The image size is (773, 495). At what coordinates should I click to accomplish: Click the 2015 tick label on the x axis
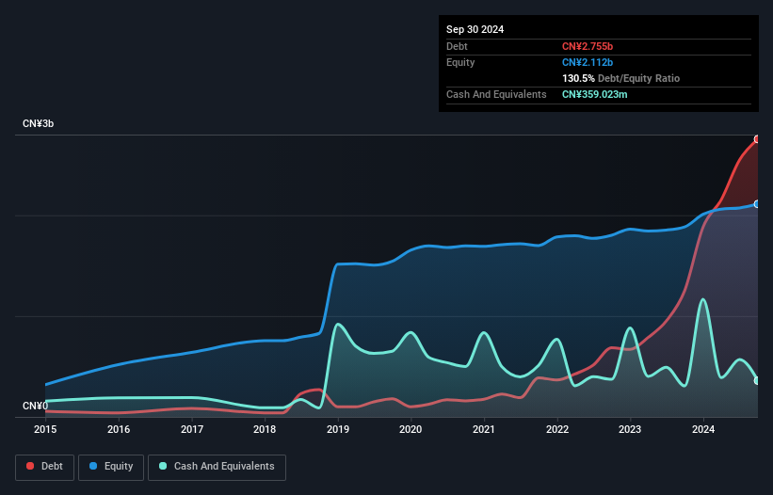[45, 429]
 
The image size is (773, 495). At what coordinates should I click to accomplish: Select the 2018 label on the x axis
[265, 429]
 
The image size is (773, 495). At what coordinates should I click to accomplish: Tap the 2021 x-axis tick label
[484, 429]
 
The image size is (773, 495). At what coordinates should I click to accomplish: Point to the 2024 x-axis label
[703, 429]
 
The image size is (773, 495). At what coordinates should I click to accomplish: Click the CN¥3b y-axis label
[40, 124]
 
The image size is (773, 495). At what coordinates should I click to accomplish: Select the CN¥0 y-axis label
[36, 406]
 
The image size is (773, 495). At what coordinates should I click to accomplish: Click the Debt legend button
[44, 467]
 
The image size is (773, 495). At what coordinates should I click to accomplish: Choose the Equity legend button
[111, 467]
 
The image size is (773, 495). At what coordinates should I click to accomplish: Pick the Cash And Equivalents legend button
[217, 467]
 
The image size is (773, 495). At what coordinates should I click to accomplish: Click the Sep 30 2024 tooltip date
[475, 29]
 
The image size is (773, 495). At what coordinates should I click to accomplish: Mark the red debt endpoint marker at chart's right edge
[756, 139]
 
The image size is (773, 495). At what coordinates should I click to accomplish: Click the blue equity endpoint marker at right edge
[756, 203]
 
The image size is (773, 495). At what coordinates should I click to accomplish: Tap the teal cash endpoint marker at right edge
[756, 380]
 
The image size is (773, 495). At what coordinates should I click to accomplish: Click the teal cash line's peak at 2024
[702, 299]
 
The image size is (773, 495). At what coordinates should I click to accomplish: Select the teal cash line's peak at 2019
[337, 324]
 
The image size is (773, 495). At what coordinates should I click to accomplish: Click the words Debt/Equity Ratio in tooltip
[639, 78]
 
